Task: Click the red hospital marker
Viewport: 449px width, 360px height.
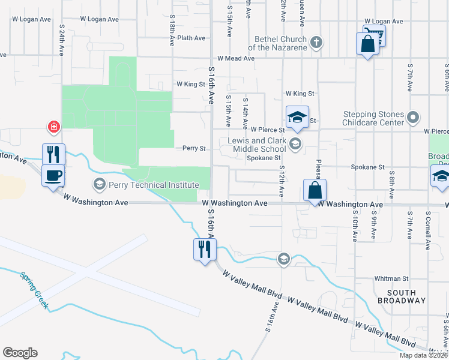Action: point(54,127)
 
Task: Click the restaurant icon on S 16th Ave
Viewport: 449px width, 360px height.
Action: point(204,249)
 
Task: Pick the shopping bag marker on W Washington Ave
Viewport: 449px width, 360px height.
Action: point(315,191)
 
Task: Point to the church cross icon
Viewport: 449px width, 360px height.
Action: point(317,42)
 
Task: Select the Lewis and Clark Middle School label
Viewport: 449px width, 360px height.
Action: point(257,145)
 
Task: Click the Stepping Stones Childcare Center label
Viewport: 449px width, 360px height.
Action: point(373,118)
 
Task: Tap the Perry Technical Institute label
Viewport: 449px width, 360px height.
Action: point(154,185)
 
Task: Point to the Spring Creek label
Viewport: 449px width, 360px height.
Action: point(34,290)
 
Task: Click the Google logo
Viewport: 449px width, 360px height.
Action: point(20,353)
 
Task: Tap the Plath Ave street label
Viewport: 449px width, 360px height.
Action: point(191,38)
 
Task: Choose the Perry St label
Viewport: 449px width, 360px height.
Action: point(194,148)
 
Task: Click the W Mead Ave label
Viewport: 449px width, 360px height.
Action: point(236,58)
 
